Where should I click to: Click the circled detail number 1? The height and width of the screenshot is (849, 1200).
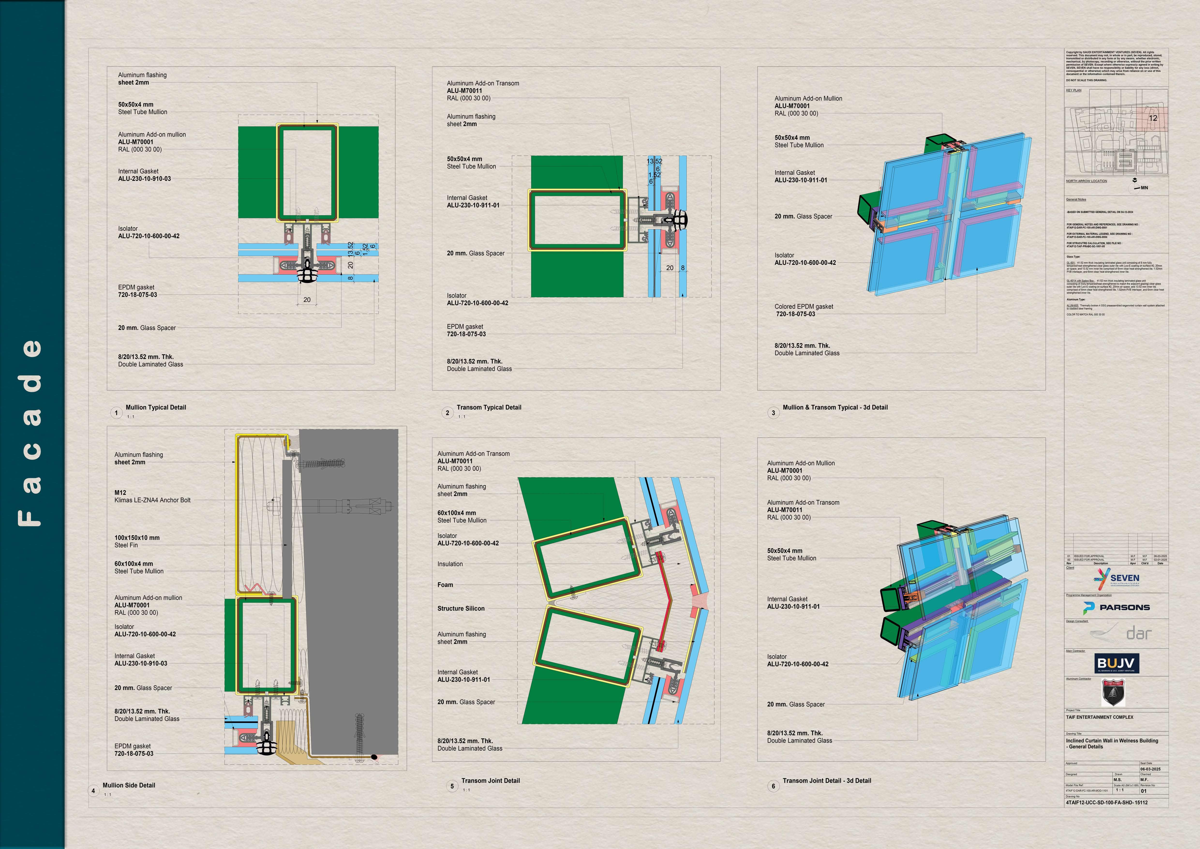tap(116, 413)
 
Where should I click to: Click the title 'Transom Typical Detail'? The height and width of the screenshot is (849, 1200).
tap(489, 407)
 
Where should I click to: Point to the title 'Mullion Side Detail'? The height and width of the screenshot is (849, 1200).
tap(129, 785)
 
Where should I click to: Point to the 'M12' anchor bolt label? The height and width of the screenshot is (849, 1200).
tap(120, 493)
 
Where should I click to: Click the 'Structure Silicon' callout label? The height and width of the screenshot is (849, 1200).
tap(461, 608)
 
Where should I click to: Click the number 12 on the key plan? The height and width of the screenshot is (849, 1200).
tap(1153, 118)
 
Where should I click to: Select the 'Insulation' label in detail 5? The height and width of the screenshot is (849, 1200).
tap(450, 564)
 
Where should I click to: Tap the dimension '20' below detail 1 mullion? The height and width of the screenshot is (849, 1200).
tap(307, 300)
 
